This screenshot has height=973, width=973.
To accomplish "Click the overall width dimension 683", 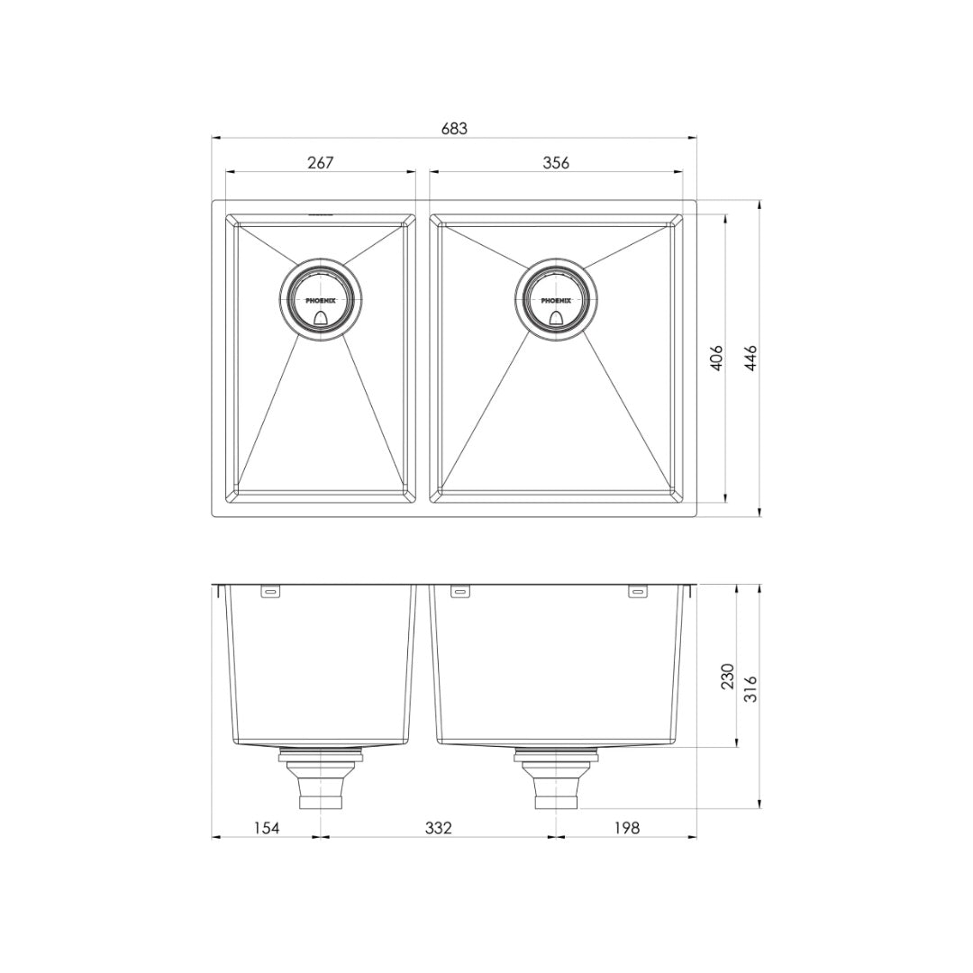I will tap(454, 129).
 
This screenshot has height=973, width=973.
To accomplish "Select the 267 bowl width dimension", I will tap(321, 162).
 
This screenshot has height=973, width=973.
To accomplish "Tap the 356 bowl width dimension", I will tap(556, 162).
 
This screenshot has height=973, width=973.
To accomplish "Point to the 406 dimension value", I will tap(717, 359).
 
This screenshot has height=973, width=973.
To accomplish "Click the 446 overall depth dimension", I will tap(750, 359).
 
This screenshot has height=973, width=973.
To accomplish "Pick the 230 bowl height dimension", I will tap(728, 676).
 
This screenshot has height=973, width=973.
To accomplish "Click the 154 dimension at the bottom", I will tap(266, 827).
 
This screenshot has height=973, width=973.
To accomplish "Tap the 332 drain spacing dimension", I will tap(438, 827).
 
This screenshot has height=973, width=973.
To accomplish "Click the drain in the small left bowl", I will tap(321, 301).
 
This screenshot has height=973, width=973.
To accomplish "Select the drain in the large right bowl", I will tap(556, 301).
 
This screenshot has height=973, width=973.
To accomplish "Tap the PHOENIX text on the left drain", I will tap(321, 300).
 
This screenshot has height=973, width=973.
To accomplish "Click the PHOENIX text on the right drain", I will tap(556, 300).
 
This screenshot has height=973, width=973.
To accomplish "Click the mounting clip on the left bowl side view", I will tap(270, 592).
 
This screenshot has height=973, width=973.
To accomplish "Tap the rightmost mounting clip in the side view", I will tap(637, 592).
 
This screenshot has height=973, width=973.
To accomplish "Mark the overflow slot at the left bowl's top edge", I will tap(321, 215).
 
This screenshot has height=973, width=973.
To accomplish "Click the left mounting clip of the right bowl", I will tap(459, 592).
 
